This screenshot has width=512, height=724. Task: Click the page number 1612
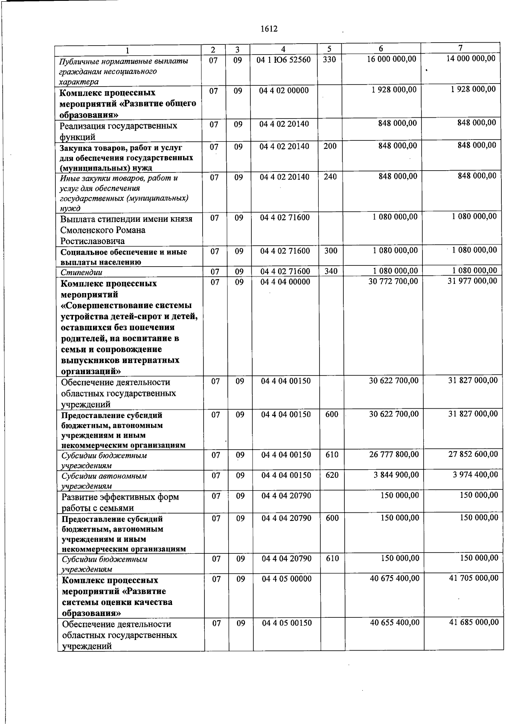(268, 29)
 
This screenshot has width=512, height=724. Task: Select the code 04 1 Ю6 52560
(284, 60)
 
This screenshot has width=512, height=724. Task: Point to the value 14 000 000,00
(471, 58)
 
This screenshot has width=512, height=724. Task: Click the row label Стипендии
(81, 272)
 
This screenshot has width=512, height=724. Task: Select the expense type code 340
(331, 271)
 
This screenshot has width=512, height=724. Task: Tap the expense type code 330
(329, 60)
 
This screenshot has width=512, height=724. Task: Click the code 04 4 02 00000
(284, 90)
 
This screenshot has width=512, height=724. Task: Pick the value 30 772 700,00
(393, 281)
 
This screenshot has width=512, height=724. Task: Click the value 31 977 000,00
(472, 281)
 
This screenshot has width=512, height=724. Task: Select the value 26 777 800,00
(394, 454)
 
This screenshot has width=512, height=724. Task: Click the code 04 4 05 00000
(286, 579)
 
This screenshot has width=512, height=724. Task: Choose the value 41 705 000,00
(474, 578)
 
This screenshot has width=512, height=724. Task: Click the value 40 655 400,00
(395, 622)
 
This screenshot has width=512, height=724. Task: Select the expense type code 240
(330, 177)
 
